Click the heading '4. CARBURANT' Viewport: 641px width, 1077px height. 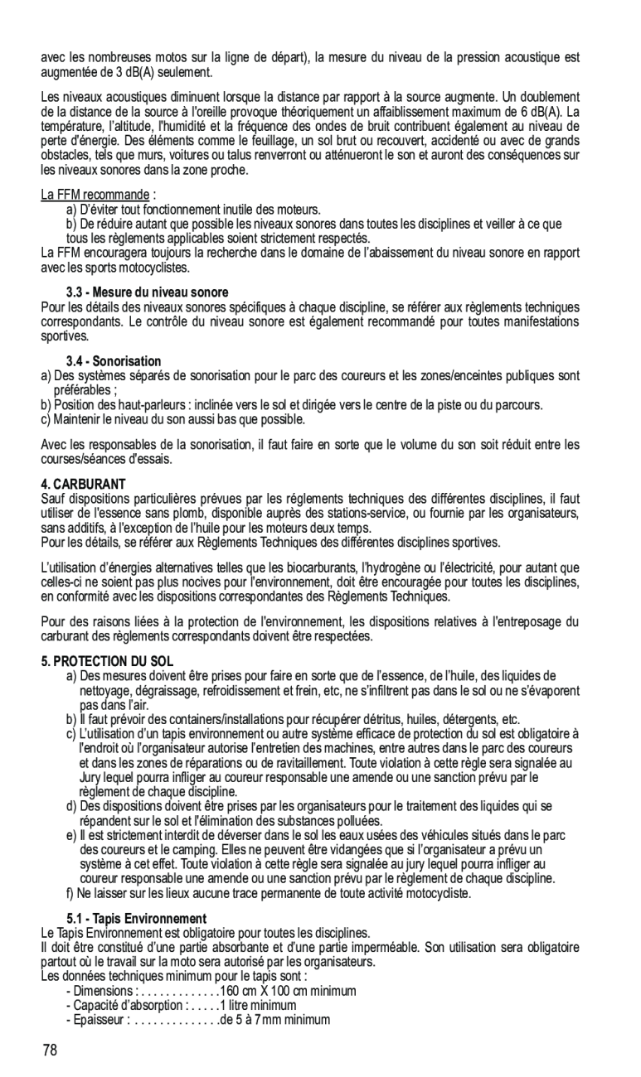83,483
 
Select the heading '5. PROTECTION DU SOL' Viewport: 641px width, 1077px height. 107,661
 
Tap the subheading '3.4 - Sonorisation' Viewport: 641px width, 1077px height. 114,361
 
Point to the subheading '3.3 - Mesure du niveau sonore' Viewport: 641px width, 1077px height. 147,292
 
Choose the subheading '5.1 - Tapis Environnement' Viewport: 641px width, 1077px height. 136,919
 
